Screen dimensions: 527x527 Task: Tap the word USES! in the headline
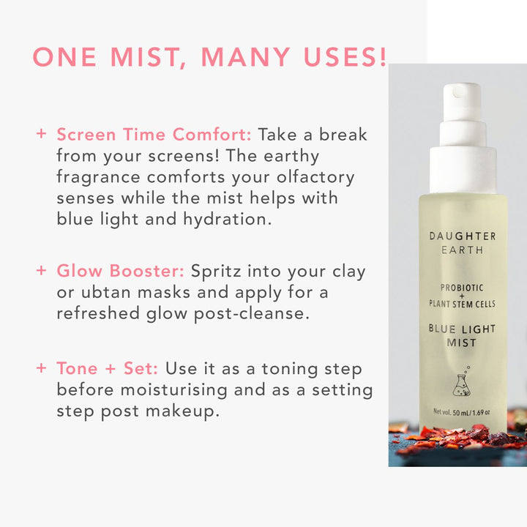click(345, 56)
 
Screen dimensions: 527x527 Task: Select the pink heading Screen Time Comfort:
click(154, 135)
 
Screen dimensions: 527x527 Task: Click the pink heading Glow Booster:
click(120, 271)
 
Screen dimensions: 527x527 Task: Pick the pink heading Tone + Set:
click(107, 368)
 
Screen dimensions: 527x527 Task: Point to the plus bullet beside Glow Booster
click(41, 271)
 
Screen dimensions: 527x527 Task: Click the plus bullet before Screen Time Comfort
click(41, 133)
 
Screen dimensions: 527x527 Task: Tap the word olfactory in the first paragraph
click(315, 178)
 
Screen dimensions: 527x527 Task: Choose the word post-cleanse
click(251, 314)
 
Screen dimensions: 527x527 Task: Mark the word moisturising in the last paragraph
click(173, 390)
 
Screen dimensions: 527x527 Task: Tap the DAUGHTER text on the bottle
click(463, 236)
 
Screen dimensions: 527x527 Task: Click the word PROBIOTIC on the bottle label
click(462, 288)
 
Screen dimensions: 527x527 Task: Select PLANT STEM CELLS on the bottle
click(462, 304)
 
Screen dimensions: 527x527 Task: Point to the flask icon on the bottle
click(462, 382)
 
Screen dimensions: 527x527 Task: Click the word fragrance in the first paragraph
click(98, 178)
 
